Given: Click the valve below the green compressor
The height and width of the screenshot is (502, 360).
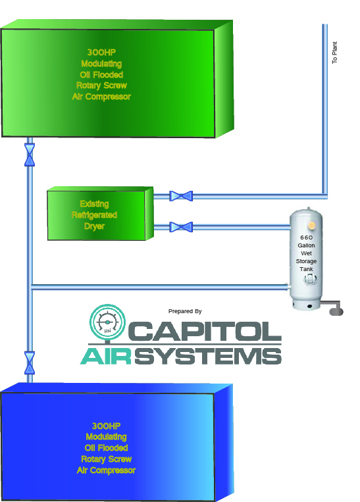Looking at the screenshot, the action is [x=30, y=155].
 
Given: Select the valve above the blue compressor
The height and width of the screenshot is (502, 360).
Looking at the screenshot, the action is [x=30, y=363].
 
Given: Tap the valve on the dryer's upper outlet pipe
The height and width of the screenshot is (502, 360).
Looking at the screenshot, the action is [x=181, y=196].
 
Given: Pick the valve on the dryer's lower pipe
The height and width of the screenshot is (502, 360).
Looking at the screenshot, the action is [x=181, y=227].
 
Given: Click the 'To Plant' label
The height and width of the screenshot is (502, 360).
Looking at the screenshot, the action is [x=335, y=53].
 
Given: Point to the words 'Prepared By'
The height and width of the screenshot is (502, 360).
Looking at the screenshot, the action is [x=185, y=311].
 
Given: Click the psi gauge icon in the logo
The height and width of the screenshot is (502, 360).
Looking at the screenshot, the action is [x=107, y=322].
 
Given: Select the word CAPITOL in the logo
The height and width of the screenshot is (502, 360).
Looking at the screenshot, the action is [x=205, y=331].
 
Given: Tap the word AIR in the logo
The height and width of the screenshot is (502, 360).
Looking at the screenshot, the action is [x=106, y=356].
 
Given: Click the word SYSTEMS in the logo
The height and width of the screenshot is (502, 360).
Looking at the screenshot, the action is [x=208, y=356].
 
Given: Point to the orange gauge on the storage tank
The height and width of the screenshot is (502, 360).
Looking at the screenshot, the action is [x=312, y=226].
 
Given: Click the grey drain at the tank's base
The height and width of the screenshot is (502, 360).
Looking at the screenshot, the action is [x=333, y=308].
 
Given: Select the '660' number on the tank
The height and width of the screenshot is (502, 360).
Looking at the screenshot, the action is [x=307, y=238].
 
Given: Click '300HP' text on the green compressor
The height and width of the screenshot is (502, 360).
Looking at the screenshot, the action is [x=101, y=53].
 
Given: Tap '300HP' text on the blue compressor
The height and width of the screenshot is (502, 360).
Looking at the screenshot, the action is [x=107, y=426].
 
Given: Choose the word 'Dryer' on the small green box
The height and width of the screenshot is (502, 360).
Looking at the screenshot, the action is [x=95, y=226].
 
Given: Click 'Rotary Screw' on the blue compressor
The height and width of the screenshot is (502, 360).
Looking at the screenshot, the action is [x=107, y=459].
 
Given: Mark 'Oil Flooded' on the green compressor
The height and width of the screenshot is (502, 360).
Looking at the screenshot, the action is [x=101, y=74].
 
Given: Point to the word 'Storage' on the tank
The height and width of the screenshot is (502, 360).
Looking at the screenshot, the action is [x=306, y=261].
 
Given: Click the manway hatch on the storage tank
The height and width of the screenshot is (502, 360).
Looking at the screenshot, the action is [x=309, y=280].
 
